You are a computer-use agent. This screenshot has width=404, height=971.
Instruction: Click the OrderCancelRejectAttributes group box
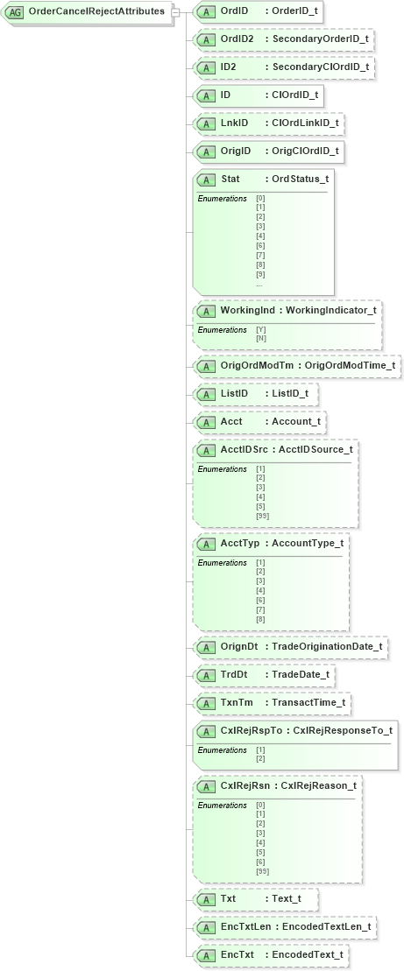click(x=88, y=12)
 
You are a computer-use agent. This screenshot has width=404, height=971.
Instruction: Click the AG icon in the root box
click(x=15, y=12)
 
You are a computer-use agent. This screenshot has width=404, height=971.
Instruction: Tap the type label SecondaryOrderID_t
click(x=320, y=39)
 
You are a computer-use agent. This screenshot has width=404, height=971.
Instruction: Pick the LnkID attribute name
click(x=234, y=123)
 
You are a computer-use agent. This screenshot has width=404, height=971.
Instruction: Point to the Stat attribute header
click(x=263, y=179)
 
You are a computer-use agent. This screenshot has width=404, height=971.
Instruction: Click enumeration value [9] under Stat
click(x=260, y=274)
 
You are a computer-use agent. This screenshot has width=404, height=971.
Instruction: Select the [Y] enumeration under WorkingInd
click(x=260, y=329)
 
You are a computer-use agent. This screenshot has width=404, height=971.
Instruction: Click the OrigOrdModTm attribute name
click(x=259, y=365)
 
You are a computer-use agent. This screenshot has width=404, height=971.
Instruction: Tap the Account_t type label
click(x=296, y=422)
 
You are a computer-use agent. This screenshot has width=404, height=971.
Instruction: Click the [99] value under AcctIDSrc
click(x=262, y=516)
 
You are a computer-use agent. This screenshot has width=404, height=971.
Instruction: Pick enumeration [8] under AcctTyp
click(x=260, y=619)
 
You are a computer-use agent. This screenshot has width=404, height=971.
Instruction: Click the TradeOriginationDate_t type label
click(x=327, y=647)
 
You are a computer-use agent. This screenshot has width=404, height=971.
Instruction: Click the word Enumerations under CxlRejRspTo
click(x=222, y=750)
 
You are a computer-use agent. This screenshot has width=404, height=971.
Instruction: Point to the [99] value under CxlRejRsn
click(x=262, y=871)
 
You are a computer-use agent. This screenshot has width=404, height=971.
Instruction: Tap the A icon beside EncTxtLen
click(x=207, y=926)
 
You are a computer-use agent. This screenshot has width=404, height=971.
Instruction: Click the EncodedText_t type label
click(x=308, y=954)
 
